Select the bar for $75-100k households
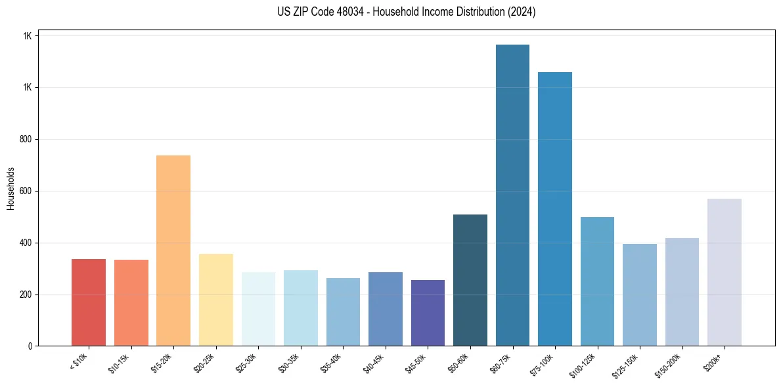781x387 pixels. pos(554,209)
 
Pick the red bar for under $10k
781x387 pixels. pos(89,302)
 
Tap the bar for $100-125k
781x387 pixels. pos(597,281)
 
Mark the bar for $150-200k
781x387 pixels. pos(682,292)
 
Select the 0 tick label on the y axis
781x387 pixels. pos(30,346)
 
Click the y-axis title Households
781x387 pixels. pos(11,188)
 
